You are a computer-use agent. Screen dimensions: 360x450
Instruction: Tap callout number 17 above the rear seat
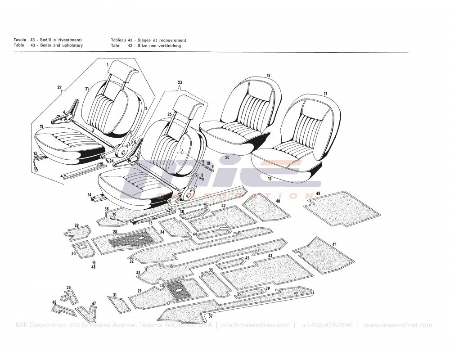point(325,94)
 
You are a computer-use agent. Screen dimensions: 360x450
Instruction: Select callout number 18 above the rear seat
point(268,76)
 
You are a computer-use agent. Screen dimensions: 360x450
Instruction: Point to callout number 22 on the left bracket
point(59,87)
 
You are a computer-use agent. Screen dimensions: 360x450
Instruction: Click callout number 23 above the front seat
point(180,82)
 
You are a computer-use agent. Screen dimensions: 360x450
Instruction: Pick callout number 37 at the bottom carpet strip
point(210,316)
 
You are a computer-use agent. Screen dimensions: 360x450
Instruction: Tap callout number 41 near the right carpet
point(333,244)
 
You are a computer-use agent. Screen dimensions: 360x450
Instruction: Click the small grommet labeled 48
point(94,262)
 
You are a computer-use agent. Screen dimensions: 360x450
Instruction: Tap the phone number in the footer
point(327,325)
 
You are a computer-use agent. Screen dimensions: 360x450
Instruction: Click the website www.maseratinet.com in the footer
point(398,325)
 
